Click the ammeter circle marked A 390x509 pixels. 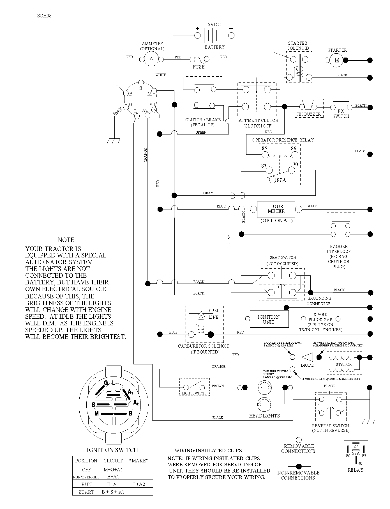(151, 59)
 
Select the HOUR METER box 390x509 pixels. (276, 209)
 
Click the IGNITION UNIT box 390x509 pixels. (269, 319)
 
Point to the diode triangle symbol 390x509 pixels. (307, 357)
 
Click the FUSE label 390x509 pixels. (199, 67)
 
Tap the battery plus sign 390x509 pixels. (197, 28)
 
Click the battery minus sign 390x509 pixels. (231, 28)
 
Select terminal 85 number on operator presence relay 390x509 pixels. (264, 149)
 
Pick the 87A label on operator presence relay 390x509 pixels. (281, 180)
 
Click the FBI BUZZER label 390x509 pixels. (308, 114)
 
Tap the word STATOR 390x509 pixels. (344, 364)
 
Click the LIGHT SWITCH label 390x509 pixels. (194, 393)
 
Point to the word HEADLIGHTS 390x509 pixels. (264, 416)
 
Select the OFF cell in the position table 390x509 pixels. (86, 470)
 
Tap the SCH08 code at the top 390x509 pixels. (44, 16)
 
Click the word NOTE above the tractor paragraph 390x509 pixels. (66, 240)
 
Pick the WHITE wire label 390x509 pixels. (161, 75)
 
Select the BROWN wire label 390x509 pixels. (218, 386)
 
